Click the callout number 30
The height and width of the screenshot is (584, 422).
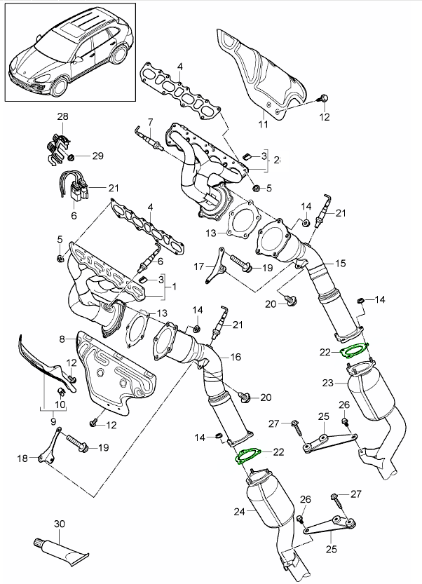point(58,523)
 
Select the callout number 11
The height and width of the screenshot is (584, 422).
point(264,125)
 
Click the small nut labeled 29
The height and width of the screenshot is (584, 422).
point(79,154)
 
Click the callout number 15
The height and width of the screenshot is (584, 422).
point(340,264)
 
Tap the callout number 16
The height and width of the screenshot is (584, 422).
point(235,357)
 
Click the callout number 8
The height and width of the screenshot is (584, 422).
point(62,339)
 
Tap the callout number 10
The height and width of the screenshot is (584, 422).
point(60,405)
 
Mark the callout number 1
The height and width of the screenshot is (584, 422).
point(174,287)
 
